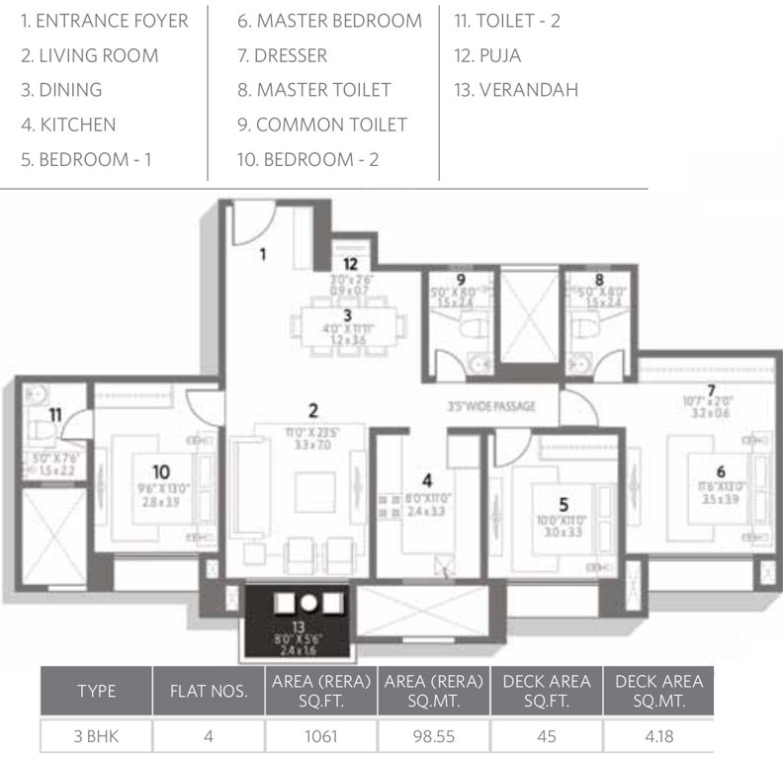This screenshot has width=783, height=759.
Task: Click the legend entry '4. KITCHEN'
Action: (68, 125)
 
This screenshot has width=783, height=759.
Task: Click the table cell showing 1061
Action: (321, 736)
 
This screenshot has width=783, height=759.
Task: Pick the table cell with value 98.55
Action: (434, 736)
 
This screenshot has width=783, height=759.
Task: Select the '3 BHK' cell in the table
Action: (96, 736)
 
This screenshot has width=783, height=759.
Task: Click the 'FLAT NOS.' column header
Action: (209, 691)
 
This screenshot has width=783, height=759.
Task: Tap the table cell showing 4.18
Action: (658, 736)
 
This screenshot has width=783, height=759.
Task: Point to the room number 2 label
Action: (312, 410)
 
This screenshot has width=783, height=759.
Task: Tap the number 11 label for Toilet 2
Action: (55, 415)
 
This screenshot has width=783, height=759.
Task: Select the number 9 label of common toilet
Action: (461, 280)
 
